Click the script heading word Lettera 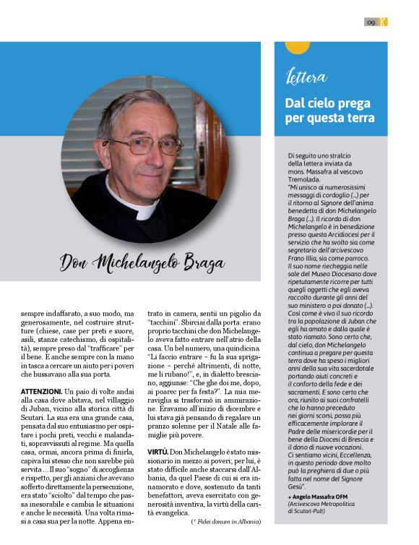point(306,77)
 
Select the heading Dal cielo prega point(322,103)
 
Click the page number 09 point(371,22)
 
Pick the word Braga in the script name point(200,262)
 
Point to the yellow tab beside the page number point(384,22)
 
